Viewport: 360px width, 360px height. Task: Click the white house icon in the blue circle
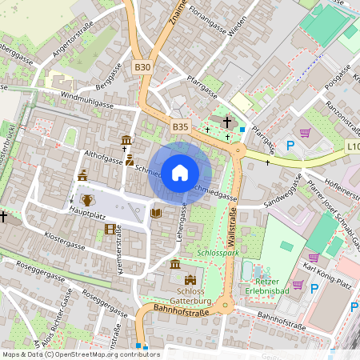(x=180, y=172)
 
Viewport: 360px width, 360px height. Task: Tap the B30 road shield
(x=142, y=67)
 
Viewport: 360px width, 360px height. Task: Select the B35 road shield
(x=180, y=126)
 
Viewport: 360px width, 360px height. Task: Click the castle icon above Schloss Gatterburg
(x=190, y=279)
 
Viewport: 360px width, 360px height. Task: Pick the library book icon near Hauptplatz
(x=155, y=213)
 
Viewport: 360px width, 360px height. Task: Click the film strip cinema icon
(x=110, y=230)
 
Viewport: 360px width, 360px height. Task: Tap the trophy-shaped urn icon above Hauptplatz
(x=87, y=198)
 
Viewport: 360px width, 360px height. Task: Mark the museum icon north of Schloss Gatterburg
(x=175, y=264)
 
